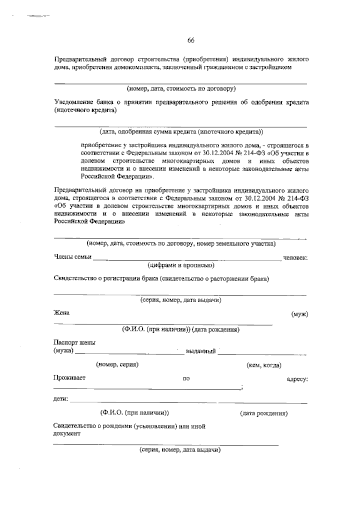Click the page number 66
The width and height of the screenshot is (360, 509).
pos(191,41)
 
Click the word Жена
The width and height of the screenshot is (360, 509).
pos(61,313)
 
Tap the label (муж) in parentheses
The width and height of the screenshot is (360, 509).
pos(300,314)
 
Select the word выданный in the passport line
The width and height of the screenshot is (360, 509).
pos(201,351)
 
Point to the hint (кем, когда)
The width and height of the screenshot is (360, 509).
pos(263,365)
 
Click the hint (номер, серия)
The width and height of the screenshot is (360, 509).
pos(117,365)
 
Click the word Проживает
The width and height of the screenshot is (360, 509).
pos(69,378)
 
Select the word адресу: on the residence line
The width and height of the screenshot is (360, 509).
pos(297,379)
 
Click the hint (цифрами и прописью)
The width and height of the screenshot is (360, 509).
pos(181,265)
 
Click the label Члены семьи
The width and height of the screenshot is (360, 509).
pos(72,257)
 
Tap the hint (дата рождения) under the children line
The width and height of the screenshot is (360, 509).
pos(264,414)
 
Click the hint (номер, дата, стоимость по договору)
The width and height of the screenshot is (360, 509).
pos(181,88)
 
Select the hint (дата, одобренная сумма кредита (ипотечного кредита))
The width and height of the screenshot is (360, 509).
pos(181,131)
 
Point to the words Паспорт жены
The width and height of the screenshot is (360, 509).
pos(74,343)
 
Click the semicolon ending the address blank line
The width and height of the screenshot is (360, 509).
pos(241,388)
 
